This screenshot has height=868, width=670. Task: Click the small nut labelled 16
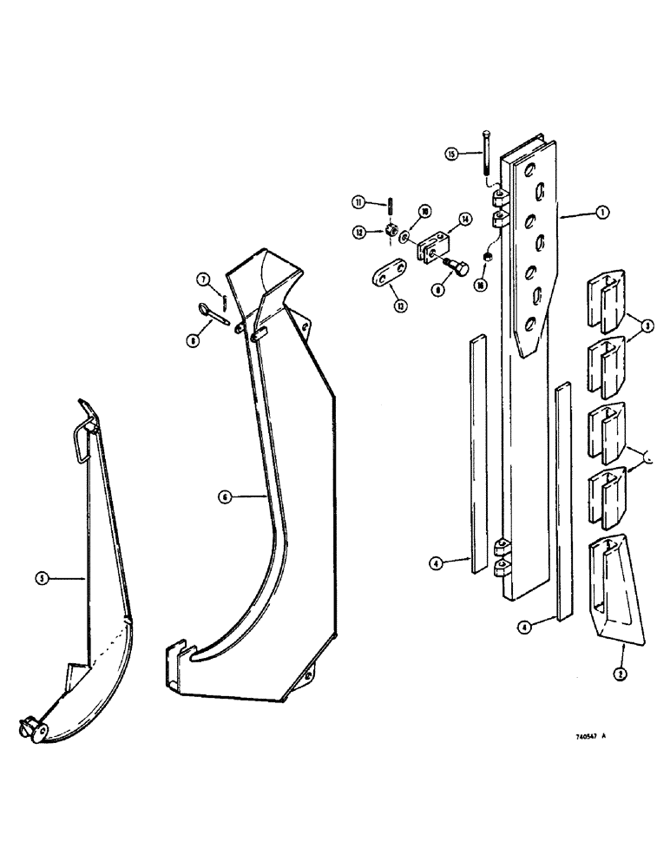pos(489,258)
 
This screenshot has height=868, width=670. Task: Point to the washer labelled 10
pos(405,238)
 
